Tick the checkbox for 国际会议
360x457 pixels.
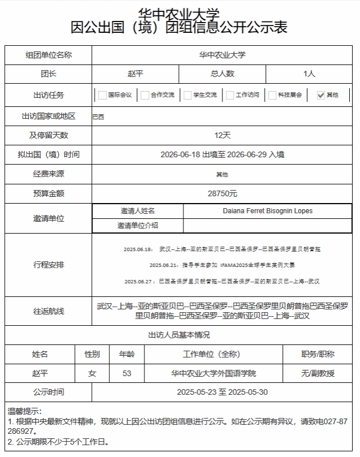[x=102, y=95]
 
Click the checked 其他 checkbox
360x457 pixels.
[x=321, y=95]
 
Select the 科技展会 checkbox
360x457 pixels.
[x=272, y=95]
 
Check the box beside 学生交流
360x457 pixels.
[x=187, y=95]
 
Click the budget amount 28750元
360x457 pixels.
[x=222, y=193]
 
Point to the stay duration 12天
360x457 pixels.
[x=222, y=135]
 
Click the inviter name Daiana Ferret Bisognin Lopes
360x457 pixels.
[x=268, y=211]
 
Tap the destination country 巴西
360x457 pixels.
[x=98, y=117]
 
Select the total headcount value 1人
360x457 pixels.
[x=309, y=74]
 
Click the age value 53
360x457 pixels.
[x=127, y=373]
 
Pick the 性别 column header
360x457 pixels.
[x=92, y=354]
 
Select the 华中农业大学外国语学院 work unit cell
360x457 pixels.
[x=213, y=373]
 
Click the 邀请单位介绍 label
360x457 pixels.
[x=138, y=225]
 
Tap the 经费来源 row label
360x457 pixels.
[x=49, y=174]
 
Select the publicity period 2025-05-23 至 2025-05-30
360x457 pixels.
[x=222, y=392]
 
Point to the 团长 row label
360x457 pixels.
[x=49, y=74]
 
